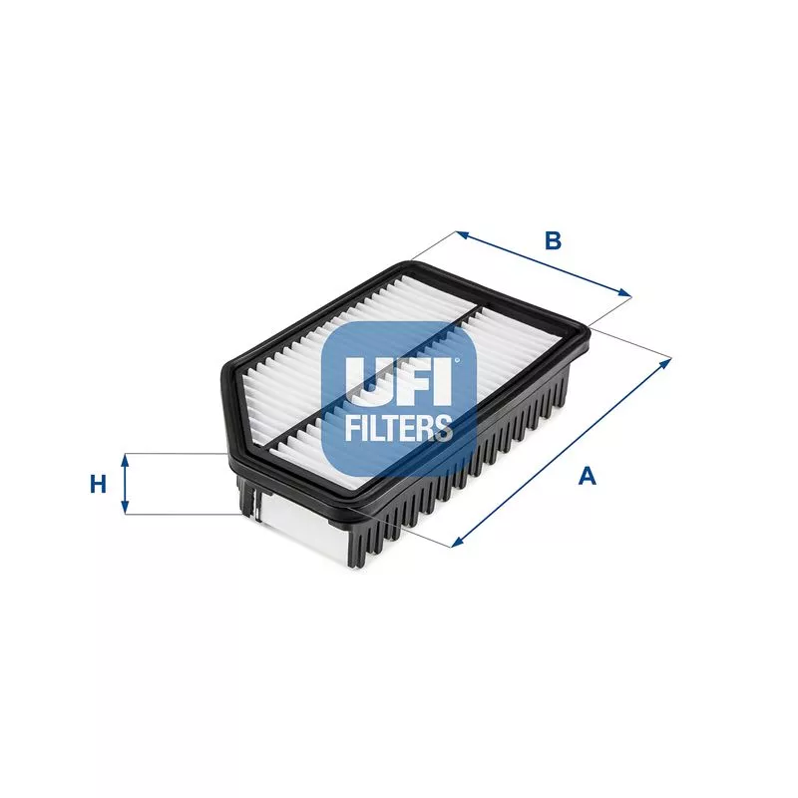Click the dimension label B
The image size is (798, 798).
pos(553,240)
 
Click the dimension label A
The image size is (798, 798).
pos(589,477)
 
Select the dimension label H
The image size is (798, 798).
pos(98,485)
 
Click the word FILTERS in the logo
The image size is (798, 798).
pos(398,428)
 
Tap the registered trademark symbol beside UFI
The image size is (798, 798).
pos(458,362)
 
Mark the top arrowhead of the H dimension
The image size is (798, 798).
pos(126,459)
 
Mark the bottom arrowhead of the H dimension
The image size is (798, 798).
pos(126,509)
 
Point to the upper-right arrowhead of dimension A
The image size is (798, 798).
pos(667,362)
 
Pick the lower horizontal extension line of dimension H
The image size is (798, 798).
pos(185,515)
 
